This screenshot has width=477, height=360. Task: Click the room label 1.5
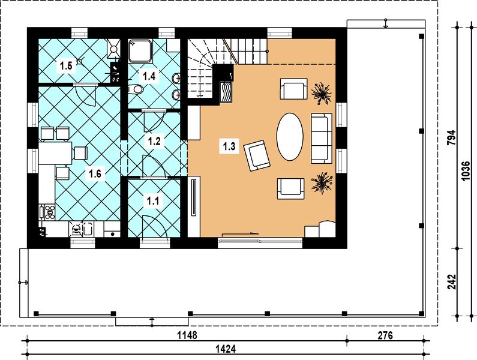click(66, 66)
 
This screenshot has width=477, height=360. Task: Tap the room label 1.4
click(149, 76)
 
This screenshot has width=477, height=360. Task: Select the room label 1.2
click(154, 141)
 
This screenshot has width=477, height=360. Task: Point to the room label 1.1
click(153, 201)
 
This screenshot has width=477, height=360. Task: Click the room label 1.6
click(95, 174)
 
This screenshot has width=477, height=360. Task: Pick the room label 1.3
click(229, 146)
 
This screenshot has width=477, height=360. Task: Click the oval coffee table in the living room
click(290, 137)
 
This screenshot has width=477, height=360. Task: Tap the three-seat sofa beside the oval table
click(322, 139)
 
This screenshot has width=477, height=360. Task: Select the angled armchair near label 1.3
click(257, 155)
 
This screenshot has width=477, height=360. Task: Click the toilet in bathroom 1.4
click(136, 89)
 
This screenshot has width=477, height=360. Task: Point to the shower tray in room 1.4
click(140, 51)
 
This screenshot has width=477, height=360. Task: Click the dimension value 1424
click(226, 349)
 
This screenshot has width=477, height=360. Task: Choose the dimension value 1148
click(187, 335)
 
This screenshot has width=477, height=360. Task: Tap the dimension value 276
click(385, 335)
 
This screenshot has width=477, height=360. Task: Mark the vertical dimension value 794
click(452, 137)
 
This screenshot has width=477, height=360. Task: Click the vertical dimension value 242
click(452, 282)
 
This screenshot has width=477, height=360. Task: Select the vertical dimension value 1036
click(466, 172)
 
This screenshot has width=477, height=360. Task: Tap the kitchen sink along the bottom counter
click(88, 229)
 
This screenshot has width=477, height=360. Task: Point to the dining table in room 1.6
click(55, 153)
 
